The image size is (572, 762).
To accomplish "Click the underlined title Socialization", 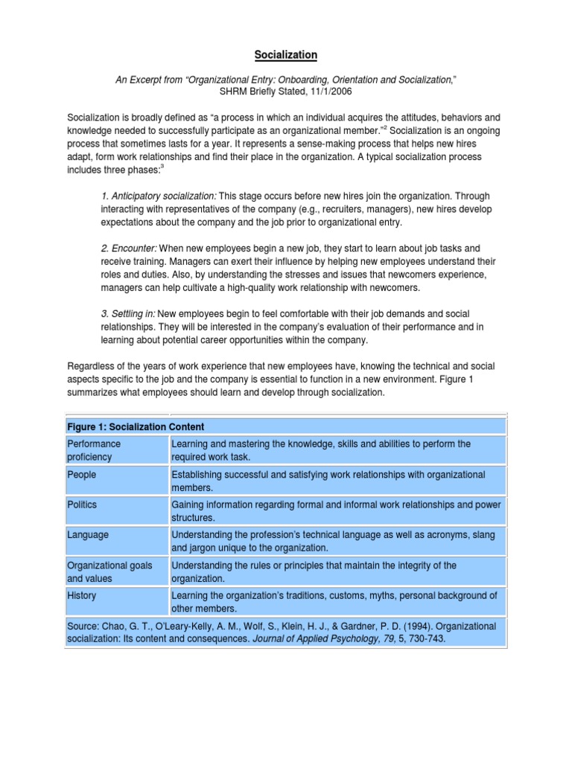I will (286, 54).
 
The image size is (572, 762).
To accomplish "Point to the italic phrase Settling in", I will (128, 314).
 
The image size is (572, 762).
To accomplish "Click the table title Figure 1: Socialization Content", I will (136, 426).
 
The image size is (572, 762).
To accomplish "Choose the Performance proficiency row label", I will (94, 449).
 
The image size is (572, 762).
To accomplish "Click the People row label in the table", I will (81, 474).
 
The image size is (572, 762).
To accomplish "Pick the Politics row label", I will (82, 505).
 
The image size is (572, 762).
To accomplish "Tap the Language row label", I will (87, 535).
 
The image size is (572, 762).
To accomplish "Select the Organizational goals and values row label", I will (109, 571).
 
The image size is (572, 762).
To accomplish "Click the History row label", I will (81, 596).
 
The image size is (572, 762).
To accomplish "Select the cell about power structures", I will (336, 510).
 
